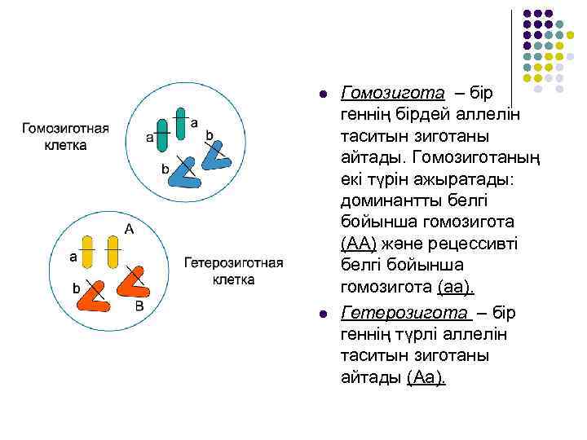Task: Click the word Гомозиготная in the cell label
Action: click(64, 130)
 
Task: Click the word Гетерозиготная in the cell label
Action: click(234, 263)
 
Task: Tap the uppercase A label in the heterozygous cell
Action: click(129, 228)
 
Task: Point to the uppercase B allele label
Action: click(139, 306)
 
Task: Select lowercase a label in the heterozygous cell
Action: click(73, 257)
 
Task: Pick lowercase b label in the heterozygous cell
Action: click(76, 288)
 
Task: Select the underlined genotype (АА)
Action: click(359, 245)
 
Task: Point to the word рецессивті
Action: click(462, 245)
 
